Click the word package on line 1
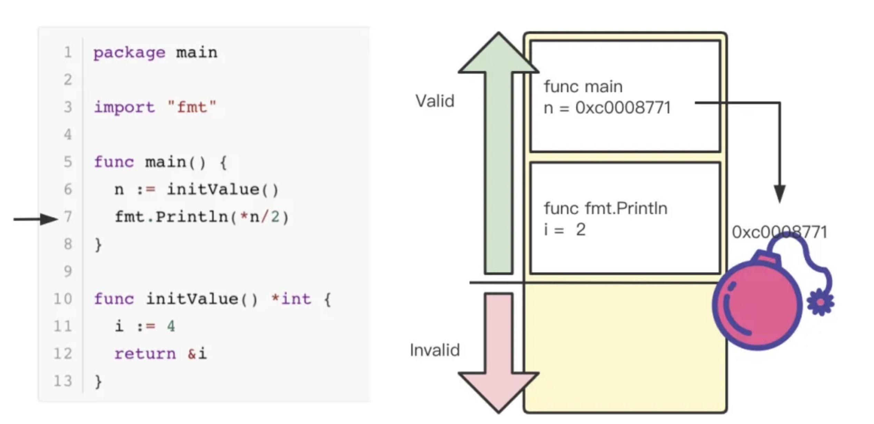tap(129, 53)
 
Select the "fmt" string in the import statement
tap(192, 107)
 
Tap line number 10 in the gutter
tap(63, 299)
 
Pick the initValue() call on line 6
tap(222, 190)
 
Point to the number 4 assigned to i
tap(171, 326)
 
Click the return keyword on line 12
tap(145, 354)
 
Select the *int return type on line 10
tap(291, 299)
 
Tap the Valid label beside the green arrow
tap(435, 101)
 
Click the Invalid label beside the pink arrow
tap(435, 350)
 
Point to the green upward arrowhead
tap(498, 55)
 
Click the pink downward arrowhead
tap(498, 390)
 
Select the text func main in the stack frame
tap(583, 87)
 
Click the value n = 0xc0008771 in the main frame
tap(607, 108)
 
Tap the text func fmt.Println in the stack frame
tap(605, 209)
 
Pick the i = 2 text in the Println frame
tap(565, 230)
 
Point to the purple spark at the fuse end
tap(821, 303)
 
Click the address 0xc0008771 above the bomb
tap(779, 232)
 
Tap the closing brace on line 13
tap(98, 381)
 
